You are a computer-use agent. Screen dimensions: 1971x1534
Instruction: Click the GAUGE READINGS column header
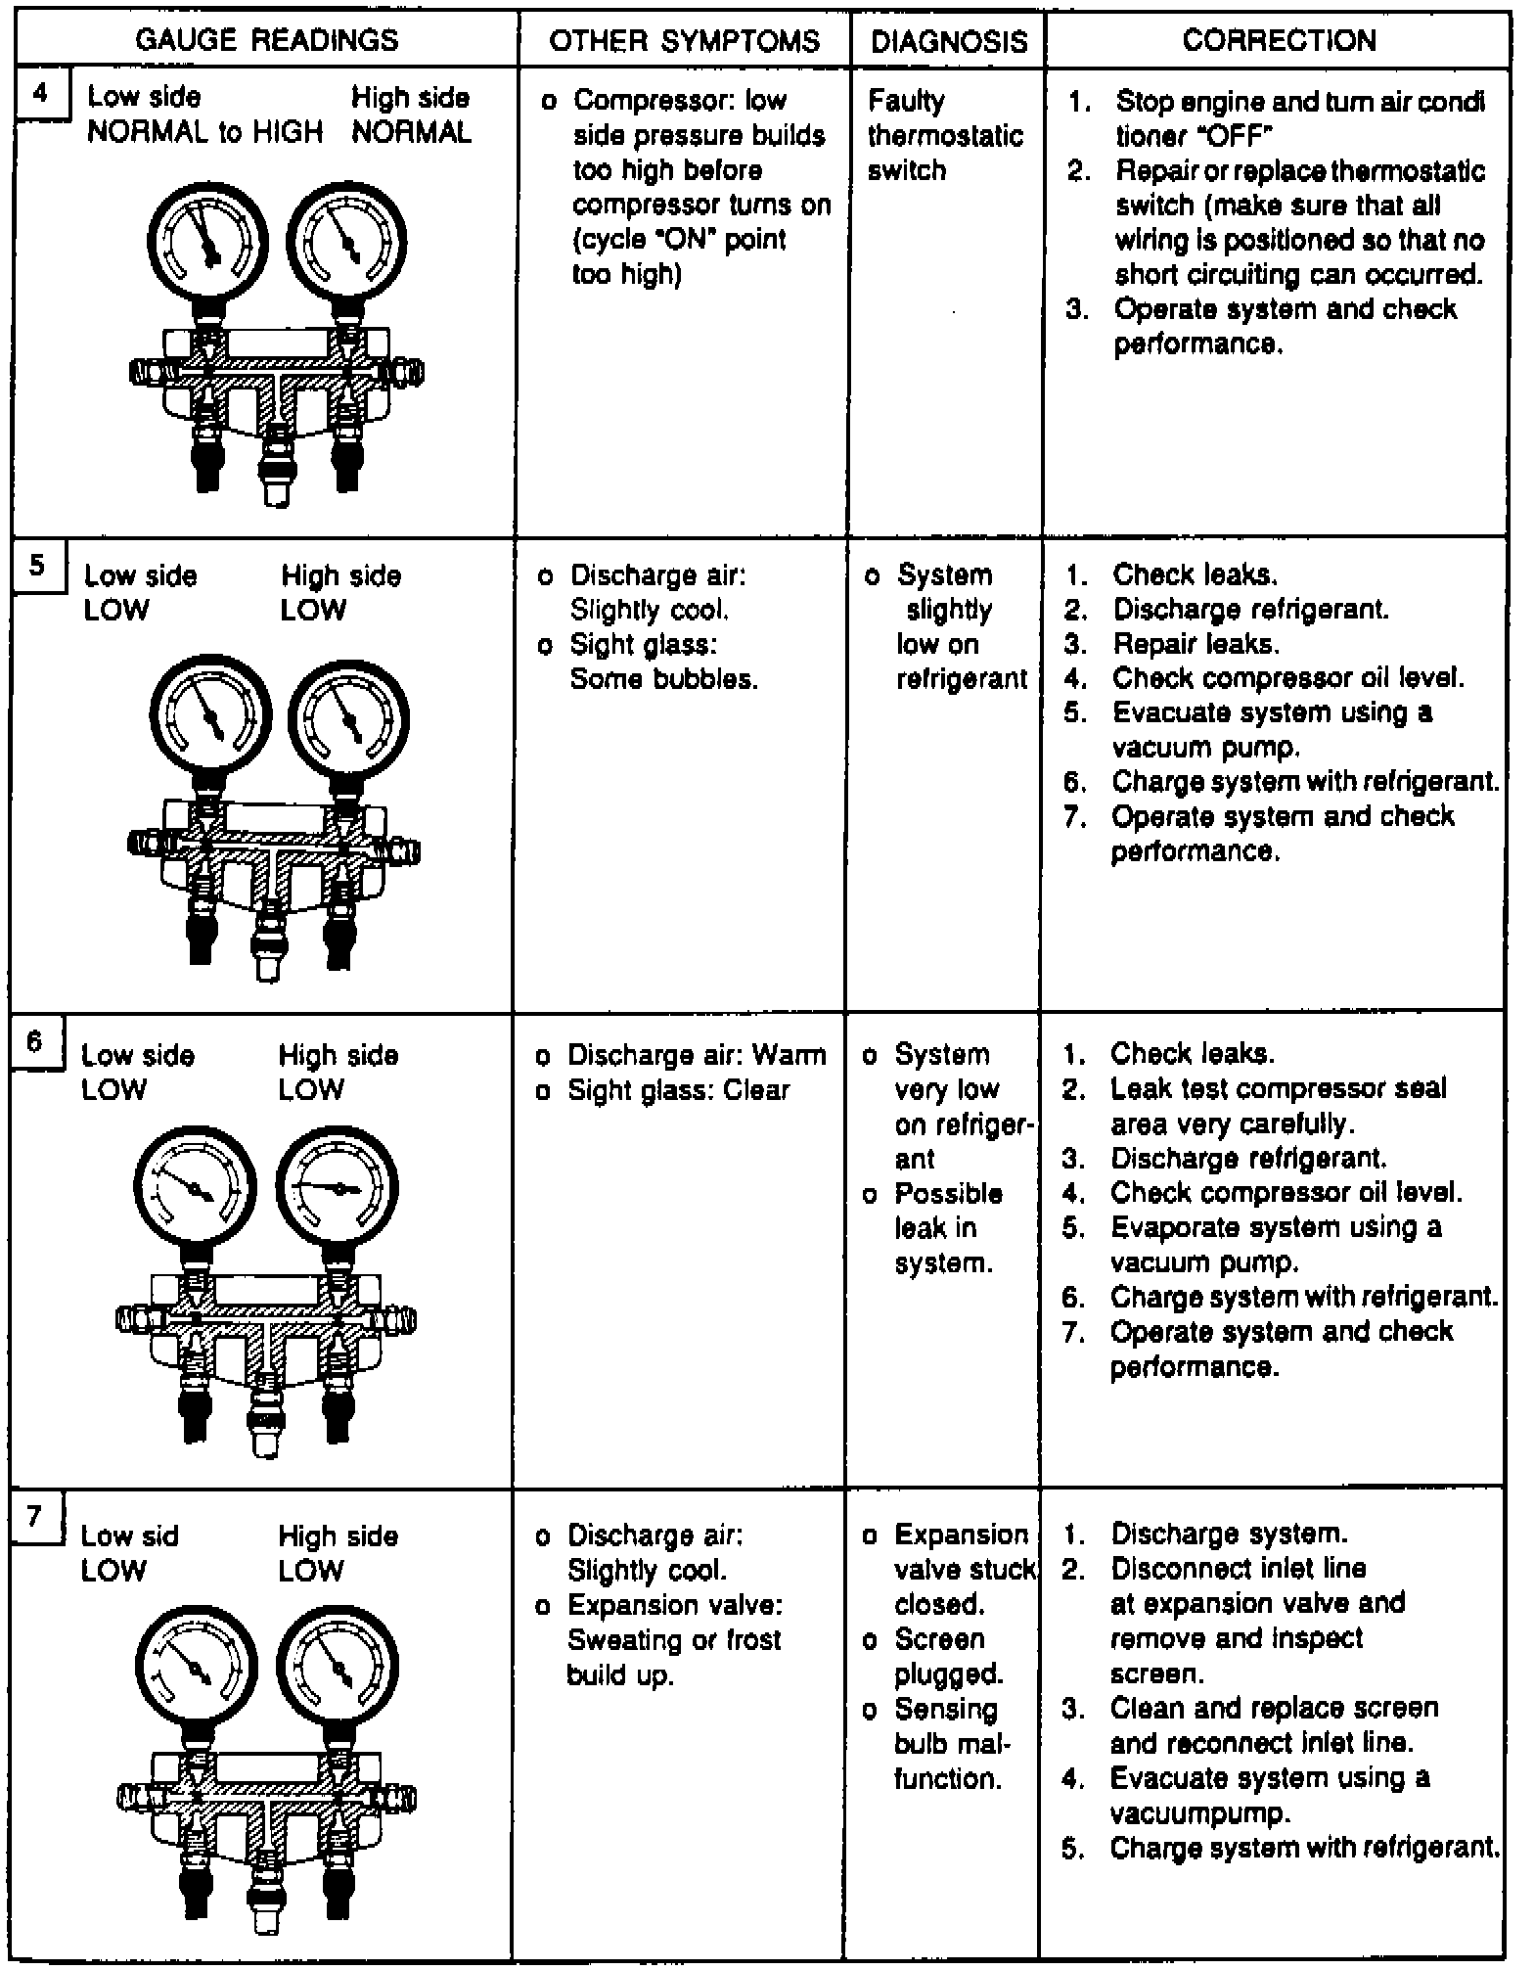click(266, 40)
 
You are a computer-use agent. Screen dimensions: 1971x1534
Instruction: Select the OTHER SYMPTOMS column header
click(684, 40)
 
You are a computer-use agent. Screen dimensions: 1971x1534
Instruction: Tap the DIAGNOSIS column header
click(949, 41)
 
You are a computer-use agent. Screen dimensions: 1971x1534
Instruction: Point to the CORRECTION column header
click(1279, 40)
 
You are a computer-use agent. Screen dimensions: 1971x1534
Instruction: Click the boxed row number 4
click(40, 94)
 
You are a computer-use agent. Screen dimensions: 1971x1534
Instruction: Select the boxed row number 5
click(37, 565)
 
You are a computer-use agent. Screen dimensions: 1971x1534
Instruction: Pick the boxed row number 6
click(35, 1040)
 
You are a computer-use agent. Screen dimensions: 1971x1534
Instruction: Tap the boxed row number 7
click(35, 1517)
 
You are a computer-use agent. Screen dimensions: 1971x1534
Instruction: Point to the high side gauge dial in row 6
click(338, 1188)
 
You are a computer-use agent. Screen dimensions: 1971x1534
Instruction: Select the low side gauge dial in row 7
click(196, 1667)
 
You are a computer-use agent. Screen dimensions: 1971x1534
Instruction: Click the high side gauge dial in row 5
click(348, 719)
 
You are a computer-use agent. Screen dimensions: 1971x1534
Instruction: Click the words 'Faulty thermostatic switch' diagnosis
click(944, 135)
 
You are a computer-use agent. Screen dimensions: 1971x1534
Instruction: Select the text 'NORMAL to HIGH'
click(204, 132)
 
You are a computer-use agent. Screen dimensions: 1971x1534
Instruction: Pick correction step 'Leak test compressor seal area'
click(1277, 1106)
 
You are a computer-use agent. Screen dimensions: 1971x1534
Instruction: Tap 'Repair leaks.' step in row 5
click(1195, 644)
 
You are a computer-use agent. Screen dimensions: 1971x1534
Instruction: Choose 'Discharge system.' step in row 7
click(1229, 1534)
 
